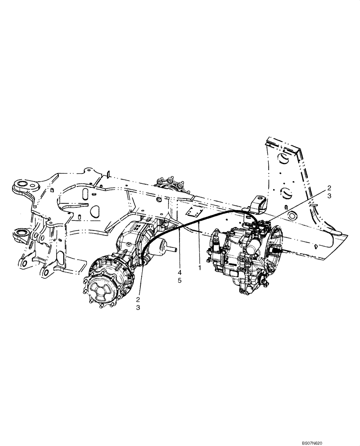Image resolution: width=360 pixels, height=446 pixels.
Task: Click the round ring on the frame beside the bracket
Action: tap(292, 216)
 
